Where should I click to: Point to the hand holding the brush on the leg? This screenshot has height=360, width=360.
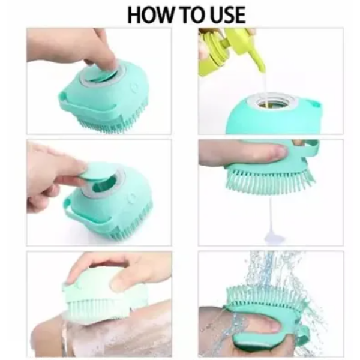(120, 270)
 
